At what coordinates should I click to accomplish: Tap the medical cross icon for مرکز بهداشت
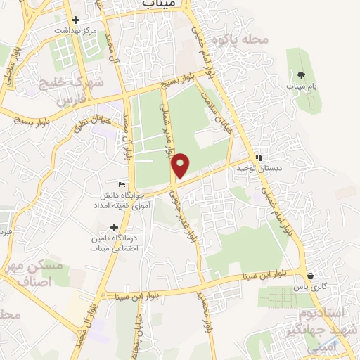point(75,20)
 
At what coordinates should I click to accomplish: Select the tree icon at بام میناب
point(300,75)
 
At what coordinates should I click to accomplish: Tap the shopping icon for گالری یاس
point(310,276)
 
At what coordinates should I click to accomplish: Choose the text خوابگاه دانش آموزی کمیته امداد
point(122,200)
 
